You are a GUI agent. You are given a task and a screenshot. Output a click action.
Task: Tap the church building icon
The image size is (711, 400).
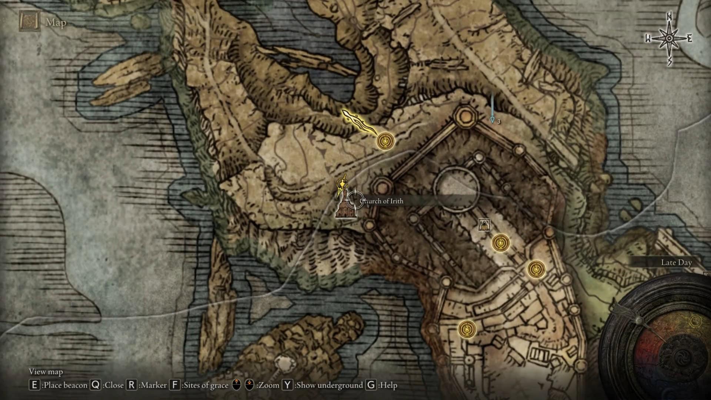tap(346, 209)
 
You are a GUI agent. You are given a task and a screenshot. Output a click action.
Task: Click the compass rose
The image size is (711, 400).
tap(669, 39)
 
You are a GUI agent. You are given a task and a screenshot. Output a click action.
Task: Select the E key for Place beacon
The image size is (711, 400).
tap(34, 385)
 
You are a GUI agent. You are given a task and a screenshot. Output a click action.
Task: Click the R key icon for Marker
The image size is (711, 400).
tap(131, 385)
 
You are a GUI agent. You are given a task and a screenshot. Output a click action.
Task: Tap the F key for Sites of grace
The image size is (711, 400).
tap(175, 385)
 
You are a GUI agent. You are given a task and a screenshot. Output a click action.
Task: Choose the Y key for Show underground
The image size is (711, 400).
tap(287, 385)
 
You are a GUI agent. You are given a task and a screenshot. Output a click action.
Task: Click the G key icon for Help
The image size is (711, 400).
tap(371, 385)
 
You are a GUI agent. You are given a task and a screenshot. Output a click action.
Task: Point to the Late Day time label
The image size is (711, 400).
tap(676, 263)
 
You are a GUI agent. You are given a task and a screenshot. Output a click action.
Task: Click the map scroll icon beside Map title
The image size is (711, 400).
tap(29, 22)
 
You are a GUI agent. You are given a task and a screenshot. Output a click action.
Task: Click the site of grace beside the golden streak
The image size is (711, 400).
tap(385, 141)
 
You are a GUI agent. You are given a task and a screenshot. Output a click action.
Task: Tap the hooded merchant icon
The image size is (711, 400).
tap(484, 224)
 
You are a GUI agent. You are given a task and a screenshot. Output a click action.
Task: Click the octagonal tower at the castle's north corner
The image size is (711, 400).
tap(465, 116)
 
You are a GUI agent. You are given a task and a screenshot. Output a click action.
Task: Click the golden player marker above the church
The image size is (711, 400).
tap(341, 184)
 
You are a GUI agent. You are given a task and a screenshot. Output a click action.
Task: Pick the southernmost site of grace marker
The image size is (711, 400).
tap(467, 329)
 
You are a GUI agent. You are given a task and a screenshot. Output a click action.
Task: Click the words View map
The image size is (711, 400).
tap(46, 372)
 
